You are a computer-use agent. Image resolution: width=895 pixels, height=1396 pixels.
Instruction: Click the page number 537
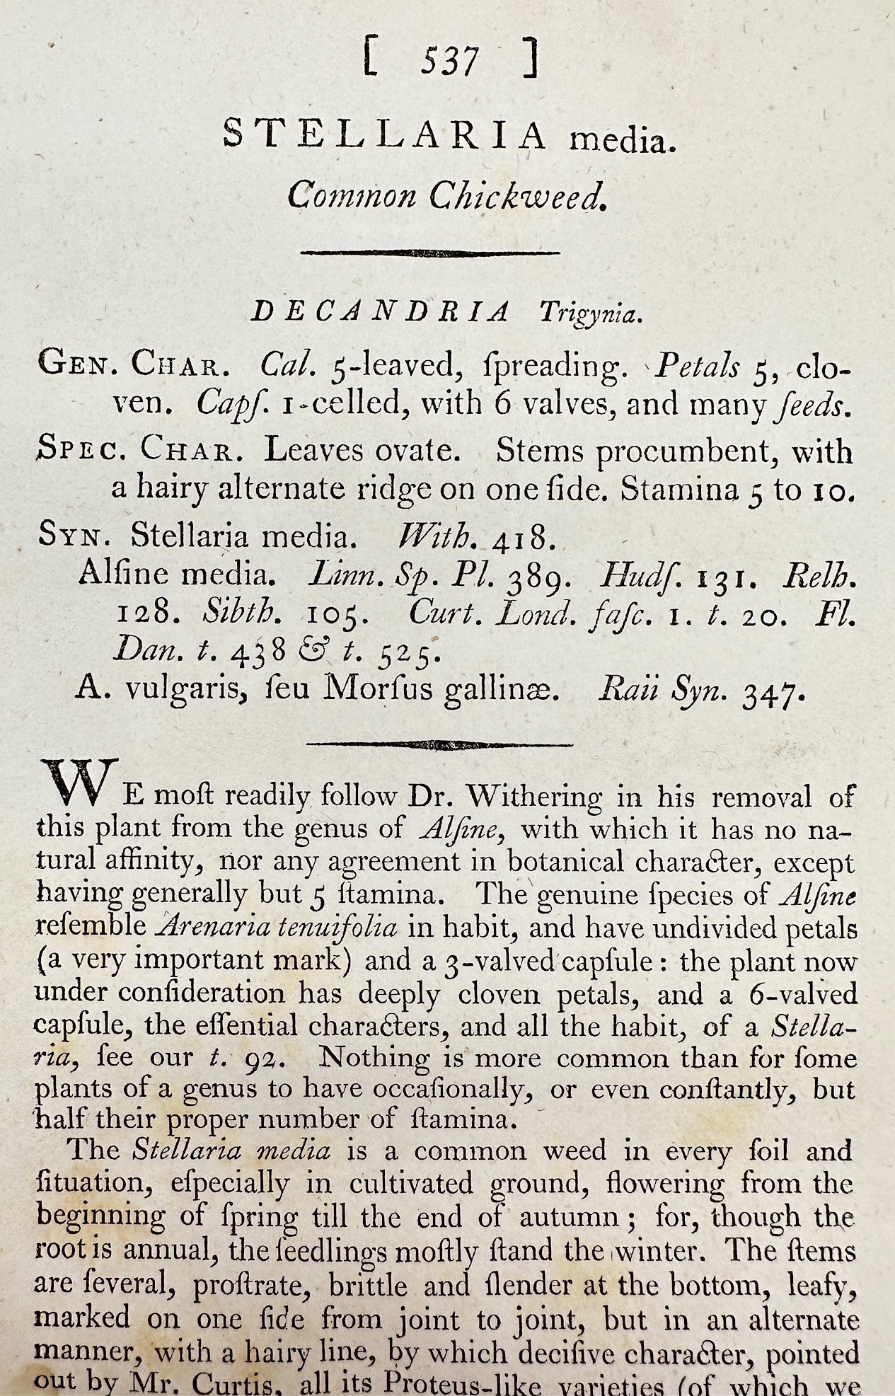click(x=449, y=61)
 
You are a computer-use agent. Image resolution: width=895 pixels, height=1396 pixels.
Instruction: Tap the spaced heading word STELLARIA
click(x=386, y=135)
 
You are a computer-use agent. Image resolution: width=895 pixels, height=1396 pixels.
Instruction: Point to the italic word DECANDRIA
click(x=381, y=311)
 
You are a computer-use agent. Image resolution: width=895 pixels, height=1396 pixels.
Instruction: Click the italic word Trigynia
click(x=591, y=312)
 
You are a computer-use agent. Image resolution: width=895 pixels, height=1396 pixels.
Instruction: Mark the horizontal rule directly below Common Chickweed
click(x=430, y=252)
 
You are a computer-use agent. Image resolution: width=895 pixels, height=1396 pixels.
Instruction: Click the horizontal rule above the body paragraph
click(x=440, y=744)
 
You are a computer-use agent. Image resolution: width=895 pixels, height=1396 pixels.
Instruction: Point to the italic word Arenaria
click(x=212, y=927)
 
